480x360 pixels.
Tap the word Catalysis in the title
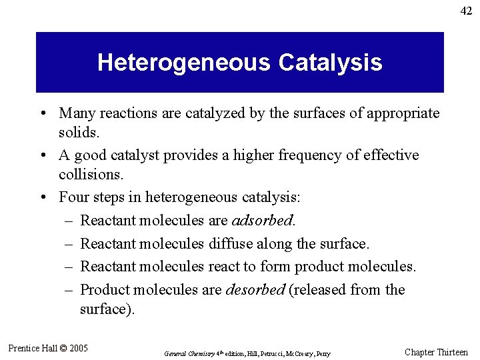coord(331,63)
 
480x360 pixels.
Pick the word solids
coord(79,133)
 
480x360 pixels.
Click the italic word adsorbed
coord(263,220)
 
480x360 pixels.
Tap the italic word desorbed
coord(255,290)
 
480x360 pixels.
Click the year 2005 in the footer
coord(77,348)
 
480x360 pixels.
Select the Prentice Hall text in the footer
coord(33,348)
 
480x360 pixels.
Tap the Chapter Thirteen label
coord(436,352)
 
